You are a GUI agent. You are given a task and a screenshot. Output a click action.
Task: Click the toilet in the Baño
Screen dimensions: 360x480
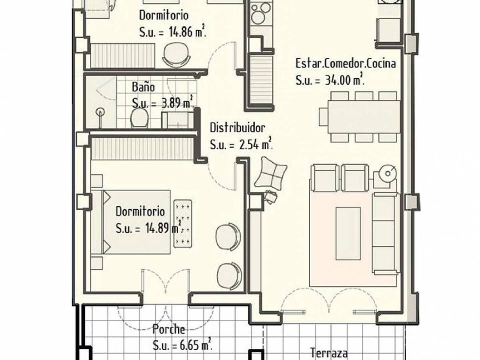coord(139,117)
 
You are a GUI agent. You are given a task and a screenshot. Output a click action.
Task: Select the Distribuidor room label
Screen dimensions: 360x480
coord(237,128)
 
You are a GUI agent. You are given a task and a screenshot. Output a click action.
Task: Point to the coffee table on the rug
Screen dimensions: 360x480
coord(348,227)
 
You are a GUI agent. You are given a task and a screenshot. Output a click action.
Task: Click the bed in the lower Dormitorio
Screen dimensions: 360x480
coord(131,222)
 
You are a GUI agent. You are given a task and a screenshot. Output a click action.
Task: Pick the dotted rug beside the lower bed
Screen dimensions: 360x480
coord(183,223)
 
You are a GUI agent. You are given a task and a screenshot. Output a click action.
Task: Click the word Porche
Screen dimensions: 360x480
coord(169,329)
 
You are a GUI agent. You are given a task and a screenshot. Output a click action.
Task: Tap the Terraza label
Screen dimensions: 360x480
coord(329,353)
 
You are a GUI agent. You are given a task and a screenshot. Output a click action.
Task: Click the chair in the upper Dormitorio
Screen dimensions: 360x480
coord(176,56)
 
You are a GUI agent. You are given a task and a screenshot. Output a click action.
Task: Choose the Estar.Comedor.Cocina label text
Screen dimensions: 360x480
coord(345,63)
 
